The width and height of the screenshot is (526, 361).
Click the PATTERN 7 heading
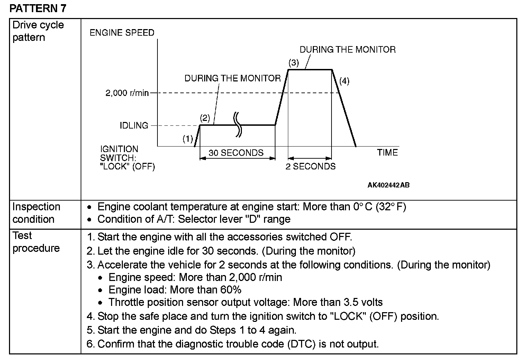[38, 8]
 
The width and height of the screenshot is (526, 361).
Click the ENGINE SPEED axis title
[122, 33]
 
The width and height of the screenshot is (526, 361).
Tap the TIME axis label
[387, 153]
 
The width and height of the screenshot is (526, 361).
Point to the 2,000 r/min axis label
[127, 93]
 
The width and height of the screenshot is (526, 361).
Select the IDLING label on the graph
[134, 125]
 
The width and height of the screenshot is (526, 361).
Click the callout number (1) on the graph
[188, 139]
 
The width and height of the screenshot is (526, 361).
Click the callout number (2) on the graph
[205, 118]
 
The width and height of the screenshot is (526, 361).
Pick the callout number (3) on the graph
[293, 63]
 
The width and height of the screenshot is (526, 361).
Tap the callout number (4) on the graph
[344, 81]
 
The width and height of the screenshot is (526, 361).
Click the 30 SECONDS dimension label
[236, 153]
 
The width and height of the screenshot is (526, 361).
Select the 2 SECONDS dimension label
[310, 167]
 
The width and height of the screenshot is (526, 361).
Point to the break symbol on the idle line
[237, 125]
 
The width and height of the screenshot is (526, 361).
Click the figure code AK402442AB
[388, 185]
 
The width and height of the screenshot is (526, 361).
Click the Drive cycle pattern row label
[38, 31]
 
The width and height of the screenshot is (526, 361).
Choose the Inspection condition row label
[36, 213]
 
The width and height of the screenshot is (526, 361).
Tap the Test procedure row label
[36, 242]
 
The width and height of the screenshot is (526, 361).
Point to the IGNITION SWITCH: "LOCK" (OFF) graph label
[127, 158]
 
